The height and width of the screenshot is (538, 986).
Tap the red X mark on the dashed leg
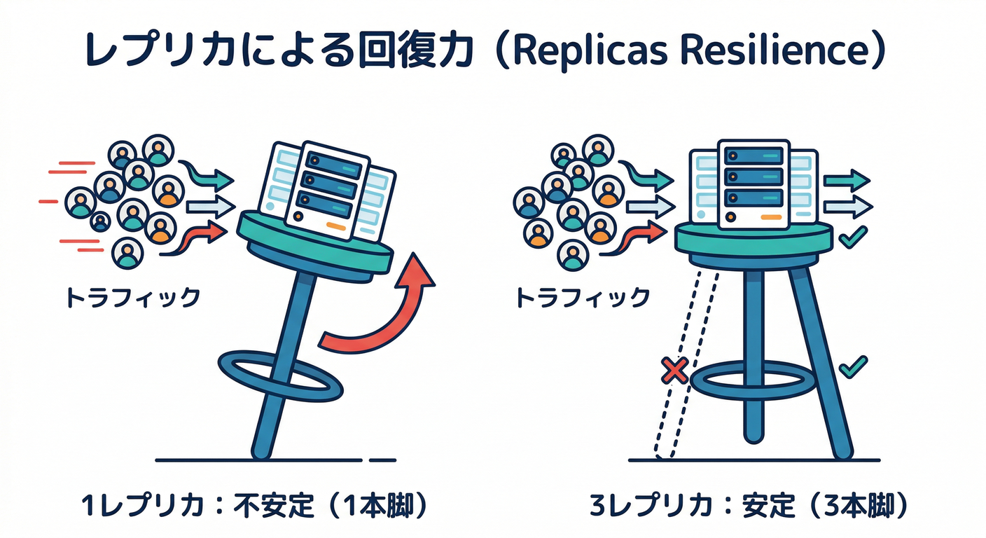coord(674,371)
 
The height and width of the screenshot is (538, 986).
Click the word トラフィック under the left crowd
coord(133,298)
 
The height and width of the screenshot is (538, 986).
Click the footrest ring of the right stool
coord(756,380)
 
